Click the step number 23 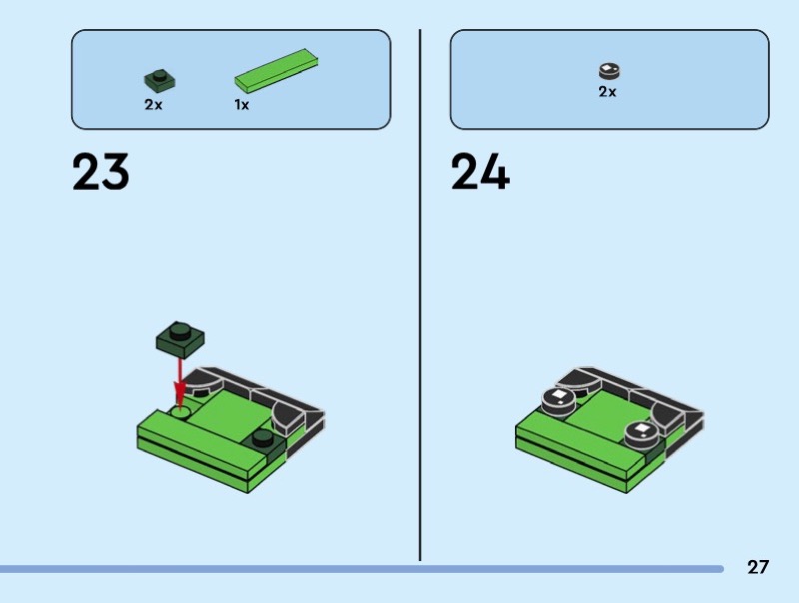(101, 172)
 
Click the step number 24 (480, 172)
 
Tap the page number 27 (758, 567)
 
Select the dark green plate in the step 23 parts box (160, 81)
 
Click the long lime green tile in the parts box (276, 71)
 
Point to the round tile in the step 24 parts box (609, 71)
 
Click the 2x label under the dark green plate (153, 105)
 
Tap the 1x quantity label (242, 105)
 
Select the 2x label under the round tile (607, 92)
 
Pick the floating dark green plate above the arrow (180, 339)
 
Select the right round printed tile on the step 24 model (642, 434)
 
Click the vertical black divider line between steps (420, 295)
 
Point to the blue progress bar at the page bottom (362, 569)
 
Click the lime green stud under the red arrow (180, 412)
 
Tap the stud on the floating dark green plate (180, 332)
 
